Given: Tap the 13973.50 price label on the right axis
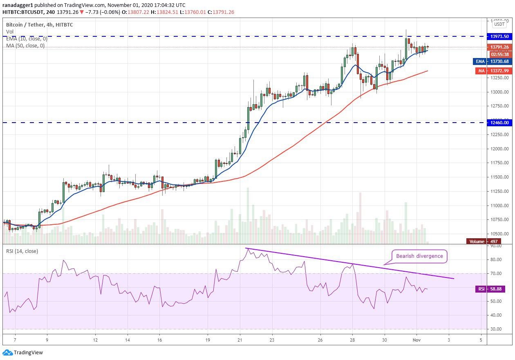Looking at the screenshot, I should coord(499,36).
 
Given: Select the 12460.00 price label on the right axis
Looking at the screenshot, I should coord(499,123).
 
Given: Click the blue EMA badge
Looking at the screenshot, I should coord(480,61).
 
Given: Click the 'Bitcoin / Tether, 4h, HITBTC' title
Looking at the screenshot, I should coord(40,25).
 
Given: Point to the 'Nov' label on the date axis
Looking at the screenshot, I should coord(416,340).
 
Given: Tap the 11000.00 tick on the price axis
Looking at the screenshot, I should coord(499,206).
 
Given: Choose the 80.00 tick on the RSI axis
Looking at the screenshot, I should coord(496,259).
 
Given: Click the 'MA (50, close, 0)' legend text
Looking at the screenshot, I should coord(25,46).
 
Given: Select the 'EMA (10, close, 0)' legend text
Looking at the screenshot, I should coord(27,39).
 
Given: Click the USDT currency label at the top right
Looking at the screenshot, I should coord(500,25).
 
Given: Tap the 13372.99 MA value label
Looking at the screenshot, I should coord(499,71).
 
